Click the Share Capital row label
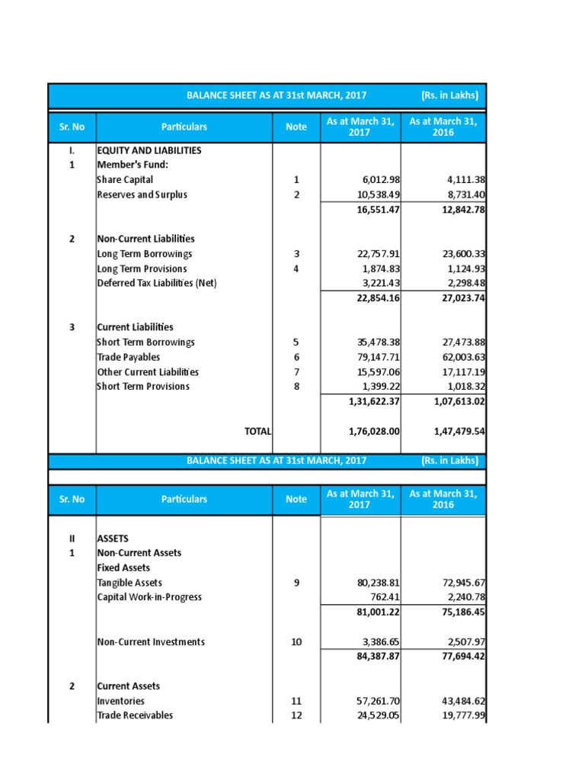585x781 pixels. (125, 180)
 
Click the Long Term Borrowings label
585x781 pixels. (145, 254)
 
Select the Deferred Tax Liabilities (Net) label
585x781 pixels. (157, 284)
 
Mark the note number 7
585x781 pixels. (296, 372)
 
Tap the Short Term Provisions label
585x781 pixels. (143, 387)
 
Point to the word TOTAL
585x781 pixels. (257, 431)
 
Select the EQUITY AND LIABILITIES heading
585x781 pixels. (149, 150)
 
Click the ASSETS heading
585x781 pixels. (113, 538)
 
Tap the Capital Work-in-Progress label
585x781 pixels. (149, 597)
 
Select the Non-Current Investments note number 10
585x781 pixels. (296, 642)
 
